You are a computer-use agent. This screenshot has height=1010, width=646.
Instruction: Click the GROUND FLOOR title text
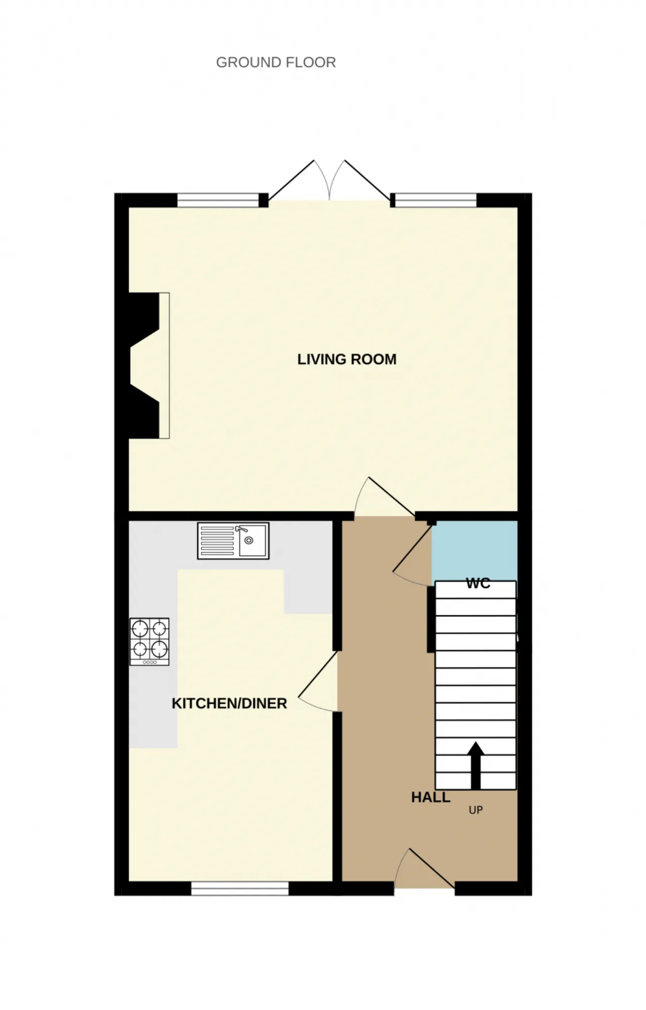tap(276, 62)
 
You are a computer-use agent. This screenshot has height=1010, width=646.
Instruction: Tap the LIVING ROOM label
tap(347, 359)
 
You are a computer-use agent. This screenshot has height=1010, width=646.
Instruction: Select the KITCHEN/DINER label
tap(229, 704)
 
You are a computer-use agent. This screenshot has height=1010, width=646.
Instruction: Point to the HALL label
tap(430, 798)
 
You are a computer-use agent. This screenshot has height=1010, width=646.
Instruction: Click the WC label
tap(478, 583)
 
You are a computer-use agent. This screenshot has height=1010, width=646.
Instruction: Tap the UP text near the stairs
tap(475, 810)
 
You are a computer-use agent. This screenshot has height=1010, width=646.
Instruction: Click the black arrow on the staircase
tap(475, 765)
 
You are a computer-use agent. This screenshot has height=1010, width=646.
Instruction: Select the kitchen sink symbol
tap(233, 541)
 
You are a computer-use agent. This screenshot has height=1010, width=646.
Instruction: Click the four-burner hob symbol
tap(149, 642)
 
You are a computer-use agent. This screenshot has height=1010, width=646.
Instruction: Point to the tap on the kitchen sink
tap(241, 529)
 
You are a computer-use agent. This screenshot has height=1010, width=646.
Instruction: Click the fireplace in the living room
tap(149, 365)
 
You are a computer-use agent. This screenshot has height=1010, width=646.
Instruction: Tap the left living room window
tap(218, 200)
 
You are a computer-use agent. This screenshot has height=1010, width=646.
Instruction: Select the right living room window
tap(435, 200)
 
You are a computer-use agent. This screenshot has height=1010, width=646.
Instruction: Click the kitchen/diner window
tap(240, 888)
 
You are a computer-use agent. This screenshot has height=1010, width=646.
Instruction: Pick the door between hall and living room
tap(385, 497)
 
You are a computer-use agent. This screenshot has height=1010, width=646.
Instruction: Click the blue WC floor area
tap(474, 550)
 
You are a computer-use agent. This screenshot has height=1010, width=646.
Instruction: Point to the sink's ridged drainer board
tap(218, 541)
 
